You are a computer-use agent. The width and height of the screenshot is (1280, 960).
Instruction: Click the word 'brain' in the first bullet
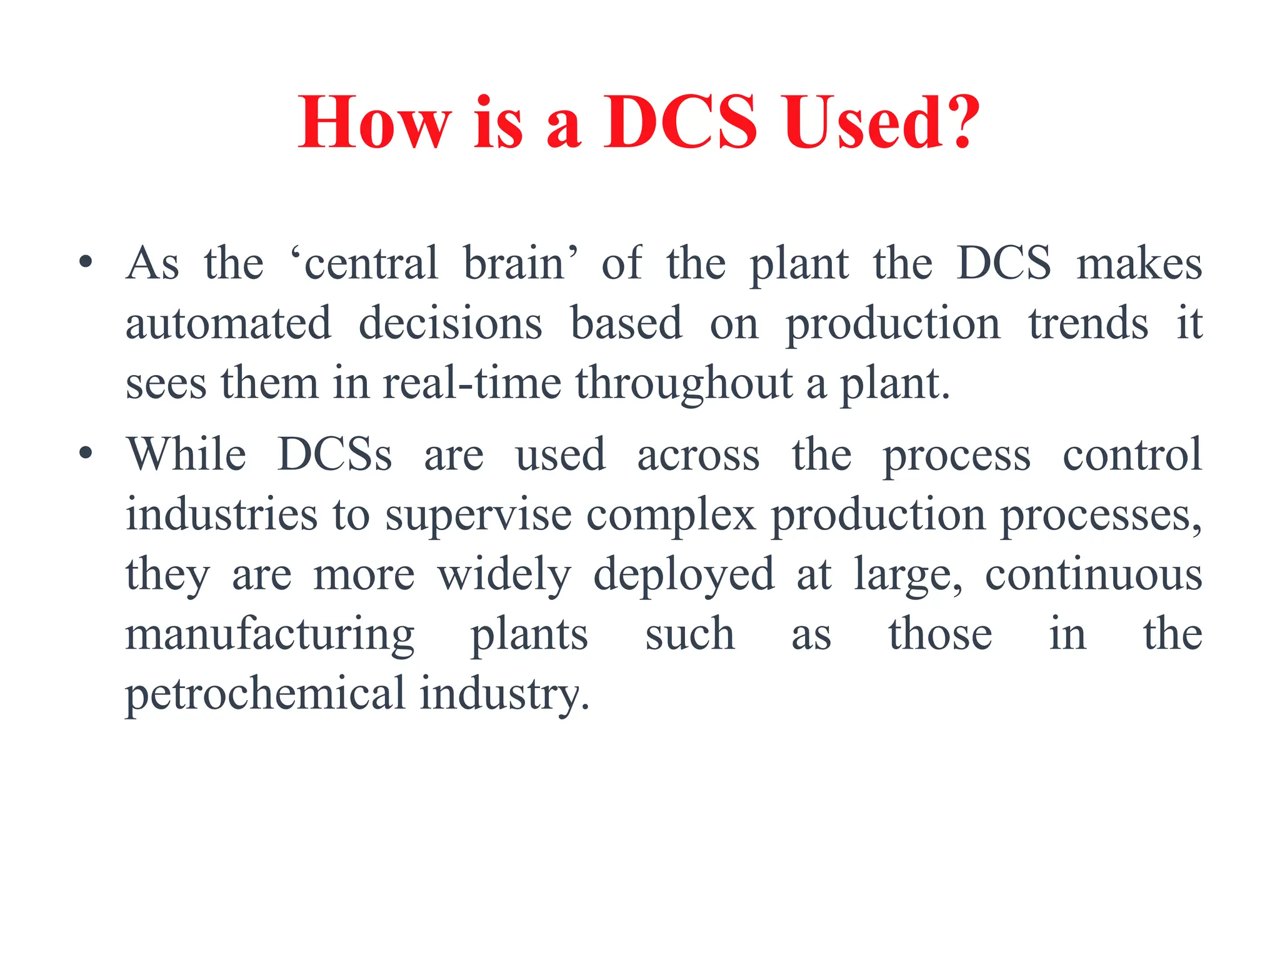pos(521,263)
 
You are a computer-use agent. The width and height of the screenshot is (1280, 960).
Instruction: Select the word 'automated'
pos(228,323)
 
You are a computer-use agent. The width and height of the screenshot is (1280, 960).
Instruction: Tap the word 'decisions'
pos(450,323)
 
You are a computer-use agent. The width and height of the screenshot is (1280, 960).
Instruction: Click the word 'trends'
pos(1088,323)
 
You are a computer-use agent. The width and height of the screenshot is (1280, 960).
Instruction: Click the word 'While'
pos(186,454)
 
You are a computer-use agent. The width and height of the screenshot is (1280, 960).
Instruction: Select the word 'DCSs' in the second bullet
pos(335,454)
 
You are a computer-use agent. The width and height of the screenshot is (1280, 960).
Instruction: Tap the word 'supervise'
pos(478,516)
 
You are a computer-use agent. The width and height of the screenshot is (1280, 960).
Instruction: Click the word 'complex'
pos(671,516)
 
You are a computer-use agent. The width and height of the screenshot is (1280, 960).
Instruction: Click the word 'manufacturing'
pos(269,635)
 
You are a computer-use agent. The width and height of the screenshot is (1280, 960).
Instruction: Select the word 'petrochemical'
pos(266,694)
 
